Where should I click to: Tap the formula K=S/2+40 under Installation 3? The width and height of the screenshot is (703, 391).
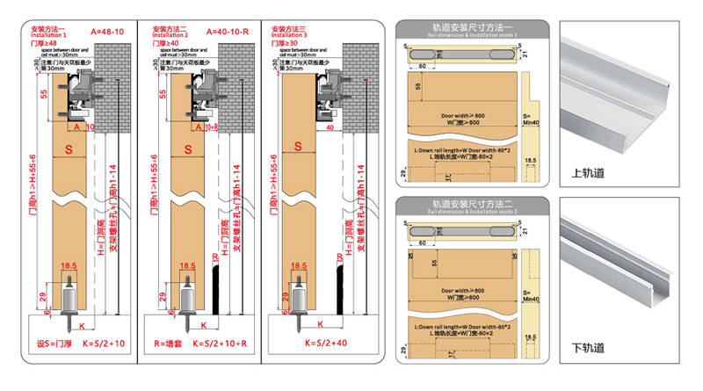(313, 344)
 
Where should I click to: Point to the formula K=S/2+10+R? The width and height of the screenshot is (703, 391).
(214, 344)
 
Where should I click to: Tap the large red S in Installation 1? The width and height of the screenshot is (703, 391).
(68, 150)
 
